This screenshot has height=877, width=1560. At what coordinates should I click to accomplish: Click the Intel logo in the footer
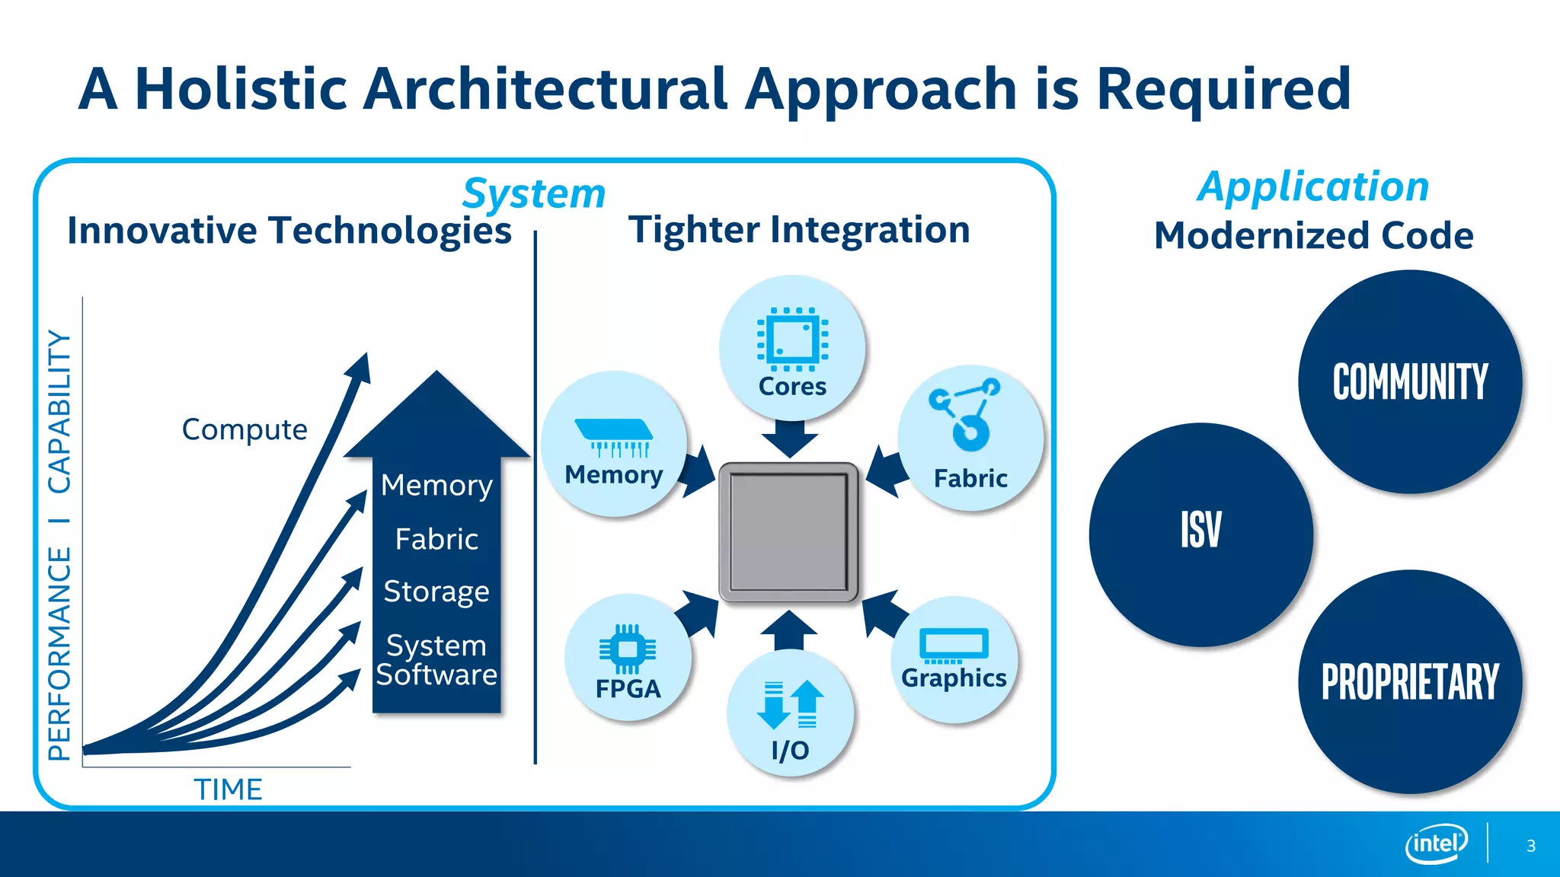pos(1436,844)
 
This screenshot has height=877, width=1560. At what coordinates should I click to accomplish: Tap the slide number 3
pos(1530,846)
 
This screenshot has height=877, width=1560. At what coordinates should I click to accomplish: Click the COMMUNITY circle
pos(1409,381)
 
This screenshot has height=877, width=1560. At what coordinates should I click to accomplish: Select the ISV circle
pos(1200,534)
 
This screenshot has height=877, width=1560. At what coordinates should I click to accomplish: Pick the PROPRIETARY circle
pos(1409,681)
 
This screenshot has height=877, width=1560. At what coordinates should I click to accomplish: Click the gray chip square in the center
pos(788,532)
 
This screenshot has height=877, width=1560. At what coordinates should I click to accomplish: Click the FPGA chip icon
pos(628,649)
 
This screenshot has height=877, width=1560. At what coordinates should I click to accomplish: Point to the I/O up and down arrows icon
pos(790,704)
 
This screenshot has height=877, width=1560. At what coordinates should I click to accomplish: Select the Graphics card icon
pos(954,644)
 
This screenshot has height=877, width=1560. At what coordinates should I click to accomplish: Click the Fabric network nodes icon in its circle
pos(964,413)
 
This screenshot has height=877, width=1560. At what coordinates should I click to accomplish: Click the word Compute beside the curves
pos(245,429)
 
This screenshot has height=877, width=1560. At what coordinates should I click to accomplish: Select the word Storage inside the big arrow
pos(436,592)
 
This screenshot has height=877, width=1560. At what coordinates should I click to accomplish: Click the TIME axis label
pos(228,789)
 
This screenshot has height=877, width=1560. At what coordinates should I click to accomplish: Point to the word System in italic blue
pos(533,193)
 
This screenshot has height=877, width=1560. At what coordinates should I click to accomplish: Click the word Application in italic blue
pos(1312,187)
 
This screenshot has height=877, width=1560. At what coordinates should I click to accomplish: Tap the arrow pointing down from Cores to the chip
pos(789,438)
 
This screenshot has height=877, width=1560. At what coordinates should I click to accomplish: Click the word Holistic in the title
pos(241,89)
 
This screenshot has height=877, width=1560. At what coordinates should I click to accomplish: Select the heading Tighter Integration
pos(799,229)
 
